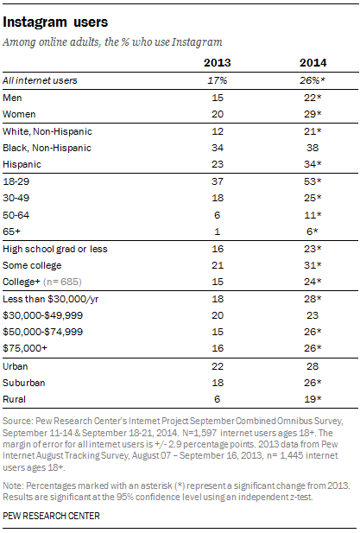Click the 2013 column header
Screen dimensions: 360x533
(217, 63)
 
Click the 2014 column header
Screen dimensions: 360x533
(313, 63)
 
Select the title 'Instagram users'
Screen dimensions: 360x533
(55, 22)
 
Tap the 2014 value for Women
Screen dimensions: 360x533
(313, 114)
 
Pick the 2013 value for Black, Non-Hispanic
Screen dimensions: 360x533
(218, 148)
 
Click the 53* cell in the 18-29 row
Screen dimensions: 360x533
(313, 181)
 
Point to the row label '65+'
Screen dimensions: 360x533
(11, 232)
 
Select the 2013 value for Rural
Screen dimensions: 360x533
(218, 399)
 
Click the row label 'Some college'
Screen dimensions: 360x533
(32, 265)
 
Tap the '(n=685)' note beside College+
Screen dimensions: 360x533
(62, 282)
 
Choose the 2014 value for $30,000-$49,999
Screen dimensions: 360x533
(313, 315)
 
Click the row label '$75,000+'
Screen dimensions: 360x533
(25, 348)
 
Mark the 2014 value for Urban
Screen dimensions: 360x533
(313, 366)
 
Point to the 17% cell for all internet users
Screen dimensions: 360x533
(218, 80)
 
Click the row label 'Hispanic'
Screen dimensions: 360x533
(22, 164)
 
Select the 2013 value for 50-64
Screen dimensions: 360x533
(218, 215)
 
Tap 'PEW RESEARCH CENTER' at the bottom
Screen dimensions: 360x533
(51, 516)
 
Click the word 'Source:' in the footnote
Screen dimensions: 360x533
(17, 422)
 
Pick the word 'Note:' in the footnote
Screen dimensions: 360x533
(13, 485)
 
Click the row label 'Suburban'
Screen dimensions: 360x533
(24, 383)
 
